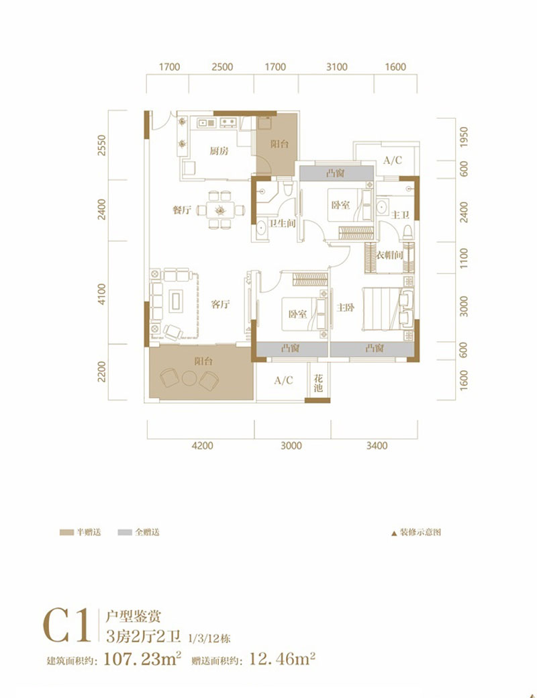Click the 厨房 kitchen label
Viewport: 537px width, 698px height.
(219, 151)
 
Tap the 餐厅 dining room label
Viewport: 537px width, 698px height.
(182, 210)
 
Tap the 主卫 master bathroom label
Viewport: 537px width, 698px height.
(400, 214)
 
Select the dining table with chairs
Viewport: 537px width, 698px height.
(220, 210)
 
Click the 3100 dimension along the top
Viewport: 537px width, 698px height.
(336, 67)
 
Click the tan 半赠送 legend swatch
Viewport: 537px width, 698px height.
(66, 532)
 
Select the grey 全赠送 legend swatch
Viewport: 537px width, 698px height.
(124, 532)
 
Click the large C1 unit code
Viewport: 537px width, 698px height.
(67, 626)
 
